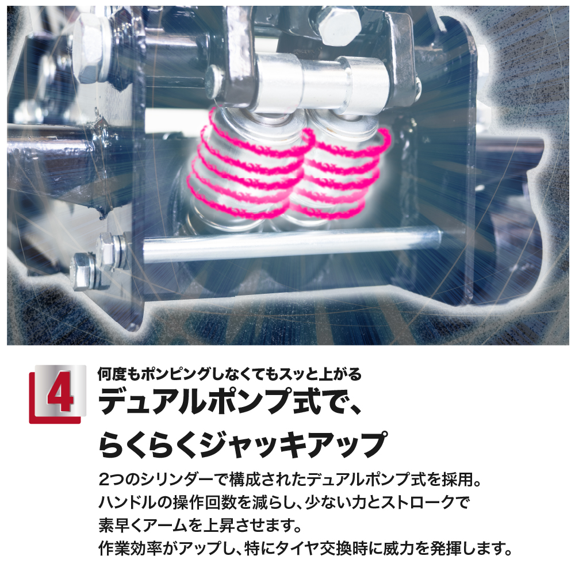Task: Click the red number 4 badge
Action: tap(57, 394)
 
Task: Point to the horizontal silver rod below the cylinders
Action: tap(292, 244)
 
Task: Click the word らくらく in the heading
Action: tap(148, 445)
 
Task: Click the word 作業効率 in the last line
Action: tap(128, 549)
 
